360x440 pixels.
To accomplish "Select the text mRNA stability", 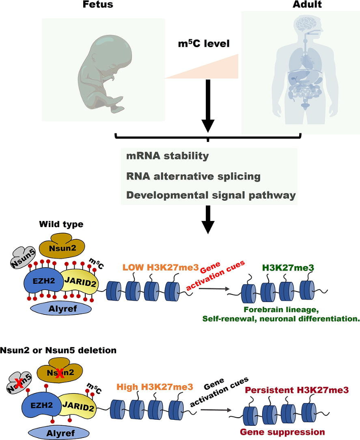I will pyautogui.click(x=167, y=156).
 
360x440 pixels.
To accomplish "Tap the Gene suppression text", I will pyautogui.click(x=290, y=432).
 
